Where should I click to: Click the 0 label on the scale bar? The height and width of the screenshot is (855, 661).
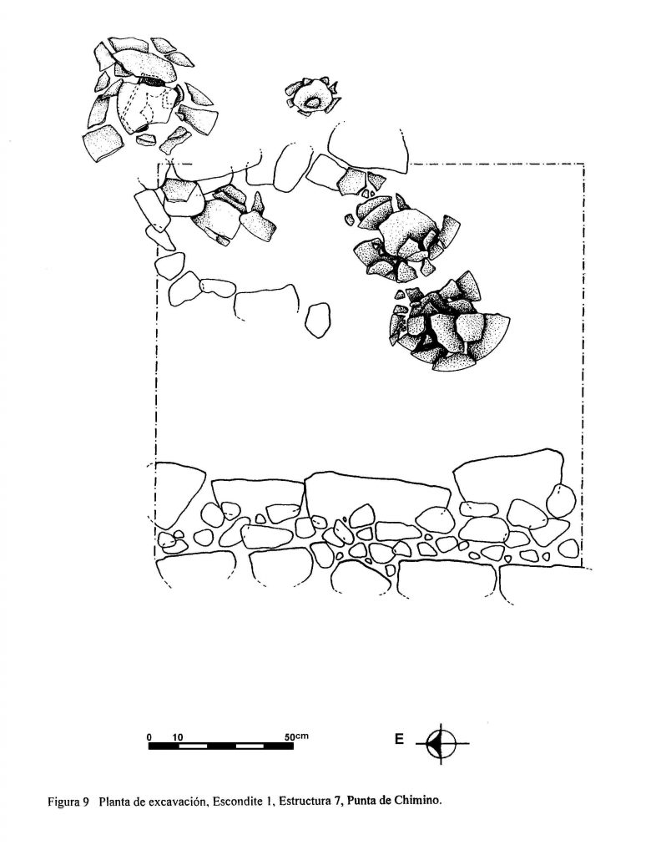point(149,737)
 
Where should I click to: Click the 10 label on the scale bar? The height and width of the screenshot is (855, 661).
point(179,737)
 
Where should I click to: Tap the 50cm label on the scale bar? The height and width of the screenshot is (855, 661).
point(296,736)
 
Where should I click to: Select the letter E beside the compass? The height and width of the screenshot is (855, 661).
point(400,740)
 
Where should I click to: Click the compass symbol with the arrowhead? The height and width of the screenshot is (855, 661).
point(441,743)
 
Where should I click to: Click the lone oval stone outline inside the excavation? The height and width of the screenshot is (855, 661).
point(317,320)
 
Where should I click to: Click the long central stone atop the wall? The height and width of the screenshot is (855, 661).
point(377,489)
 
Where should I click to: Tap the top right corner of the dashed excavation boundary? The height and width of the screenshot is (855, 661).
point(583,164)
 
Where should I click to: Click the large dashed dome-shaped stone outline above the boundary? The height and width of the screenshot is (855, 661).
point(367,147)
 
